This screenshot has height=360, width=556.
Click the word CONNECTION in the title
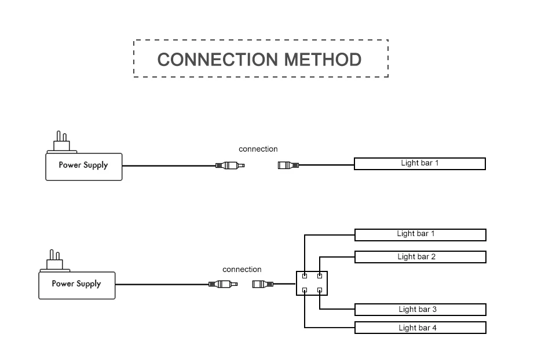click(218, 60)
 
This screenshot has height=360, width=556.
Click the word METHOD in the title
click(323, 60)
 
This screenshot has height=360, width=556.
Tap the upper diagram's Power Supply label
click(83, 165)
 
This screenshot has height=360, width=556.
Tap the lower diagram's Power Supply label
click(76, 284)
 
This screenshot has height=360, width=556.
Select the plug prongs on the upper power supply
click(62, 137)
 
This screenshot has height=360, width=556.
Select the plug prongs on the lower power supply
click(54, 255)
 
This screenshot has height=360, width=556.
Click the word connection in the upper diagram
click(258, 149)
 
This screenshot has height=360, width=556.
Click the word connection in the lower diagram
click(242, 270)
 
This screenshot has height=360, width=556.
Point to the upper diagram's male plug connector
click(230, 166)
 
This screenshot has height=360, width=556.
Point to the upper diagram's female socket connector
click(288, 165)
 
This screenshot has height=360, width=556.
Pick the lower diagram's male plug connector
click(223, 284)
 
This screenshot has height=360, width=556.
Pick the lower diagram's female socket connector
click(263, 284)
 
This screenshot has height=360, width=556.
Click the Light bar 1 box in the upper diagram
click(420, 164)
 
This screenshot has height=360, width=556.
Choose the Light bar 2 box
click(420, 257)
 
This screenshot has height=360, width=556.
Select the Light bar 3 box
click(420, 310)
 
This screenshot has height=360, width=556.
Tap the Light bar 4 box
click(420, 328)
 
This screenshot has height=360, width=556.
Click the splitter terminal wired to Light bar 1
click(305, 275)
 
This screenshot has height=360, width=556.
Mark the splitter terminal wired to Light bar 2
click(320, 275)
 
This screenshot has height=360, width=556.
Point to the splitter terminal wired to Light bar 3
click(320, 290)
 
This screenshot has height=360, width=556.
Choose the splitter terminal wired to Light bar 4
click(305, 290)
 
